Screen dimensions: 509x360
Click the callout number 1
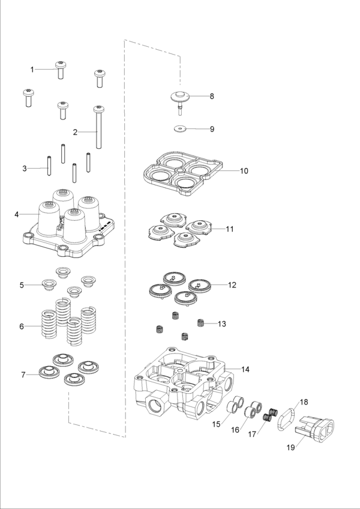32,70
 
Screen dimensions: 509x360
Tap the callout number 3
25,169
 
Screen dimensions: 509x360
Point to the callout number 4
17,214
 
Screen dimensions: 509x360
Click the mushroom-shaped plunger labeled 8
179,97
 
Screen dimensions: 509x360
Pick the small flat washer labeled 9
179,128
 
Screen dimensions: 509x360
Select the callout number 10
244,170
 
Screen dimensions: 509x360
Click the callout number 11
230,229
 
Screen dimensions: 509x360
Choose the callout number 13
221,324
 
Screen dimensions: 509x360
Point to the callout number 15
217,424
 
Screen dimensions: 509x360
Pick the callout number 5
22,285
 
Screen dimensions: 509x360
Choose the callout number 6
22,327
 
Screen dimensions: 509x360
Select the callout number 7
23,375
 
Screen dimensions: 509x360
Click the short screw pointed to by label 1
61,71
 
